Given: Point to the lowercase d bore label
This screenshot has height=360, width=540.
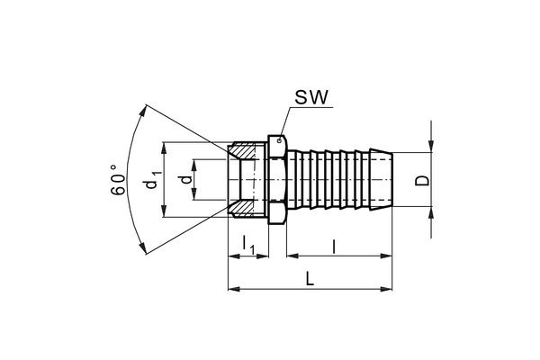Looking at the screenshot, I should coord(185,180).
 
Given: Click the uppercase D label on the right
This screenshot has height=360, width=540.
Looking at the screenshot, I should coord(419,180).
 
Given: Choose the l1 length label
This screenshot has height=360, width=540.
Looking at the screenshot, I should coord(249,245).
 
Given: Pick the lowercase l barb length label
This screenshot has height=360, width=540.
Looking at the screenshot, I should coord(336,245).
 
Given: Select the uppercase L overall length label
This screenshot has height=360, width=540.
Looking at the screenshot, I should coord(309,280).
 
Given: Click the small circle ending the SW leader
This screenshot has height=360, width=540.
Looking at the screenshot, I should coord(281,138).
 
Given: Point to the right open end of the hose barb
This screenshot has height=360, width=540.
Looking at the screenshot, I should coord(394,180).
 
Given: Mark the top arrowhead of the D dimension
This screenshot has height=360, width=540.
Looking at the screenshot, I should coord(433,148).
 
